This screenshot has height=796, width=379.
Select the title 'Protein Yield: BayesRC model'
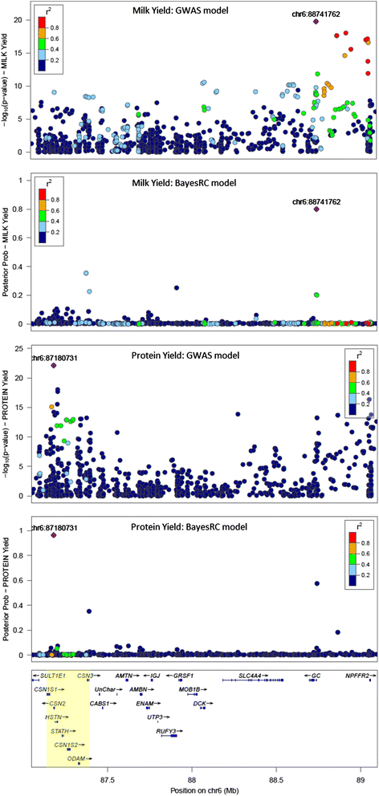[188, 507]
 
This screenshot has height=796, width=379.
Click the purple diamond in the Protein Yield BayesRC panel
[53, 534]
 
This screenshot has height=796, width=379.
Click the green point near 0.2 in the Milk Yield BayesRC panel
[316, 295]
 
